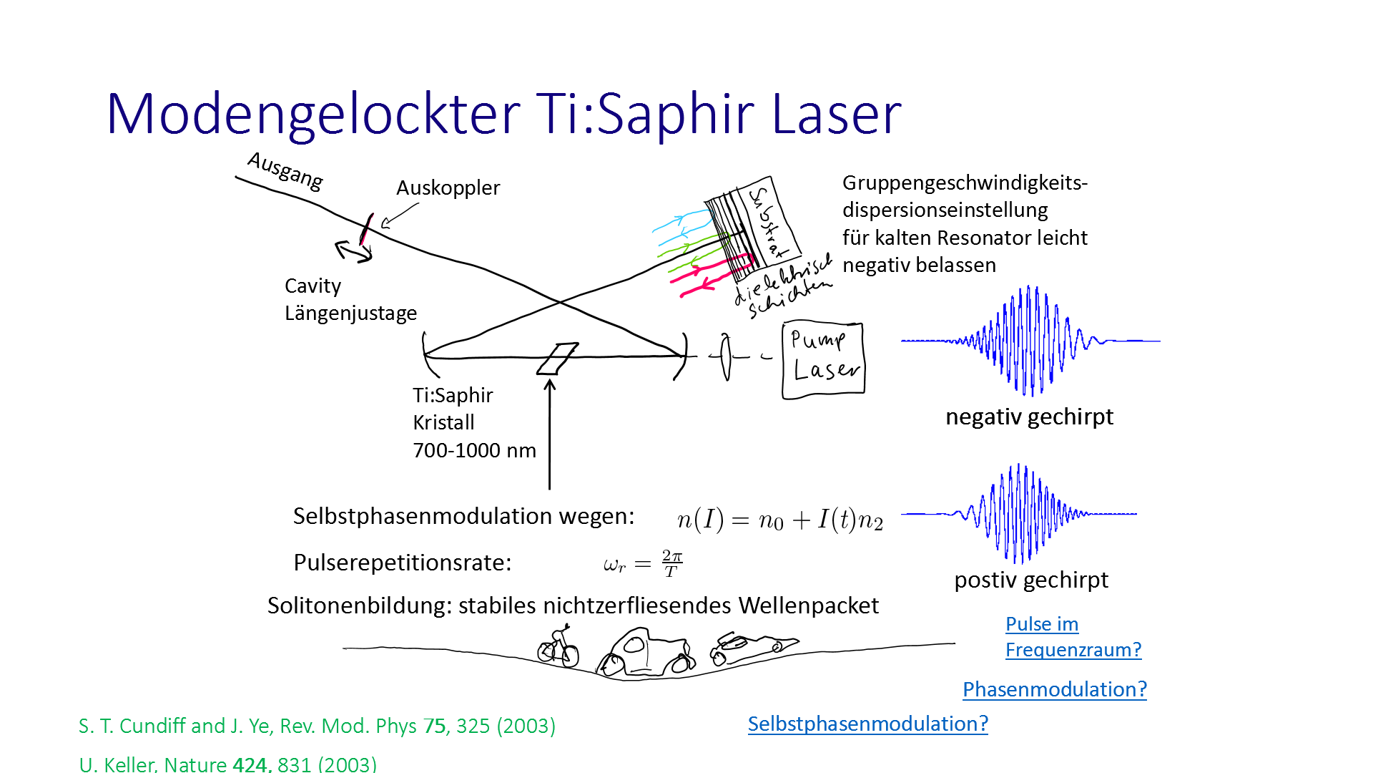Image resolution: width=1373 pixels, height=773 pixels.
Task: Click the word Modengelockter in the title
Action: pos(313,115)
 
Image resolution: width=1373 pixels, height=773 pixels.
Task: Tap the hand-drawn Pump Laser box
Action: pos(823,360)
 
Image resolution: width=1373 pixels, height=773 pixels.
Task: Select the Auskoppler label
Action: pos(448,188)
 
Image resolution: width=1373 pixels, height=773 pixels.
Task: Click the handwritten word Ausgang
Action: pos(285,171)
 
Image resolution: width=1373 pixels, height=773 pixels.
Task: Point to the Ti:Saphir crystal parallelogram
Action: pos(558,358)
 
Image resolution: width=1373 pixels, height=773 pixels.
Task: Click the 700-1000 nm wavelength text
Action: pos(474,450)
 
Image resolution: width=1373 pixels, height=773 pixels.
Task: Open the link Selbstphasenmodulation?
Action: pos(867,724)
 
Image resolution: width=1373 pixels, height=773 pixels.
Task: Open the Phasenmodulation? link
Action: pos(1054,689)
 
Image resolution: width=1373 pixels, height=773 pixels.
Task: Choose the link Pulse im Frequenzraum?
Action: pos(1073,637)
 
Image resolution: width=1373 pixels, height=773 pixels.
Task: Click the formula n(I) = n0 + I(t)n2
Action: pos(779,520)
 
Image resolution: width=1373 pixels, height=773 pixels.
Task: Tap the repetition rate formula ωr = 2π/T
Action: pos(643,563)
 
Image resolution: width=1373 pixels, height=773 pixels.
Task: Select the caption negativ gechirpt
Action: pos(1029,417)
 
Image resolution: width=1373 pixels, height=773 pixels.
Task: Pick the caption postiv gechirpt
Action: pos(1030,580)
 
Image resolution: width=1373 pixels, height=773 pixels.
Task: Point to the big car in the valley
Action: pos(645,653)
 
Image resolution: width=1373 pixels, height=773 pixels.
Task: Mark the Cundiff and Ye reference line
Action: pos(317,726)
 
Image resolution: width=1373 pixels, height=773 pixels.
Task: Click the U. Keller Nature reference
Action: pos(227,764)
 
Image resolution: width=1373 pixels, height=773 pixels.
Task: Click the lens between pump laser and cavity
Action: pos(725,356)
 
